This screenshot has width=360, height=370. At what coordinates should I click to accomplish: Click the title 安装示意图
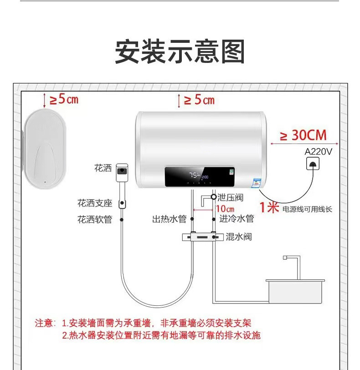click(x=180, y=51)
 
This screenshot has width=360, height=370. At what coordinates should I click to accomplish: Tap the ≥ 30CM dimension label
click(x=303, y=135)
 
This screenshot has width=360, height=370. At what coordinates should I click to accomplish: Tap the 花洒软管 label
click(x=95, y=219)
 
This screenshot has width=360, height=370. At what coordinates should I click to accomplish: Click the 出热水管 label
click(x=169, y=219)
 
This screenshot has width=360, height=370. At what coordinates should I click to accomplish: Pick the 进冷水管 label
click(x=237, y=219)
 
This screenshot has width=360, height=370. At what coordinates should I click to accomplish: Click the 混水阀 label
click(x=238, y=237)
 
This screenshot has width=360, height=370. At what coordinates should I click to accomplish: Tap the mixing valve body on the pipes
click(x=201, y=237)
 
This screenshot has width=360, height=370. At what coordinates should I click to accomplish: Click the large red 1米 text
click(x=269, y=208)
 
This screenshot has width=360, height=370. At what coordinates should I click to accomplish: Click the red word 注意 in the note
click(x=45, y=324)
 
